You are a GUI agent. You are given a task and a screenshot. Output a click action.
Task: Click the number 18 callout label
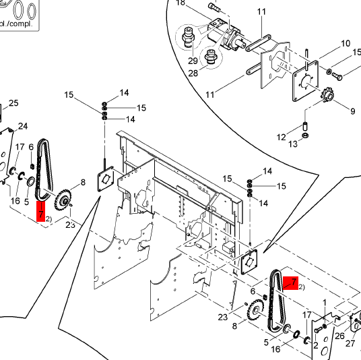(x=180, y=3)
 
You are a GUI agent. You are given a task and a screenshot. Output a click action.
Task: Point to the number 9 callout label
(x=350, y=111)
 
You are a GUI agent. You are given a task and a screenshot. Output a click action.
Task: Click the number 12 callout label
(x=281, y=138)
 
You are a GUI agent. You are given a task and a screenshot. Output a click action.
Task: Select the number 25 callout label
(x=13, y=102)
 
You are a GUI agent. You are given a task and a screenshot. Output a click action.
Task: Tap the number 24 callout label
(x=22, y=126)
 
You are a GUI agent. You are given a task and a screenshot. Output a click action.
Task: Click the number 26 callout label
(x=339, y=335)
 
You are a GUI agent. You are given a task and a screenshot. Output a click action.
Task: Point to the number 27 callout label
(x=350, y=343)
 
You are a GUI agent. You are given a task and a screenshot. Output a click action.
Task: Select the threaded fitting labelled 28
(x=210, y=57)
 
